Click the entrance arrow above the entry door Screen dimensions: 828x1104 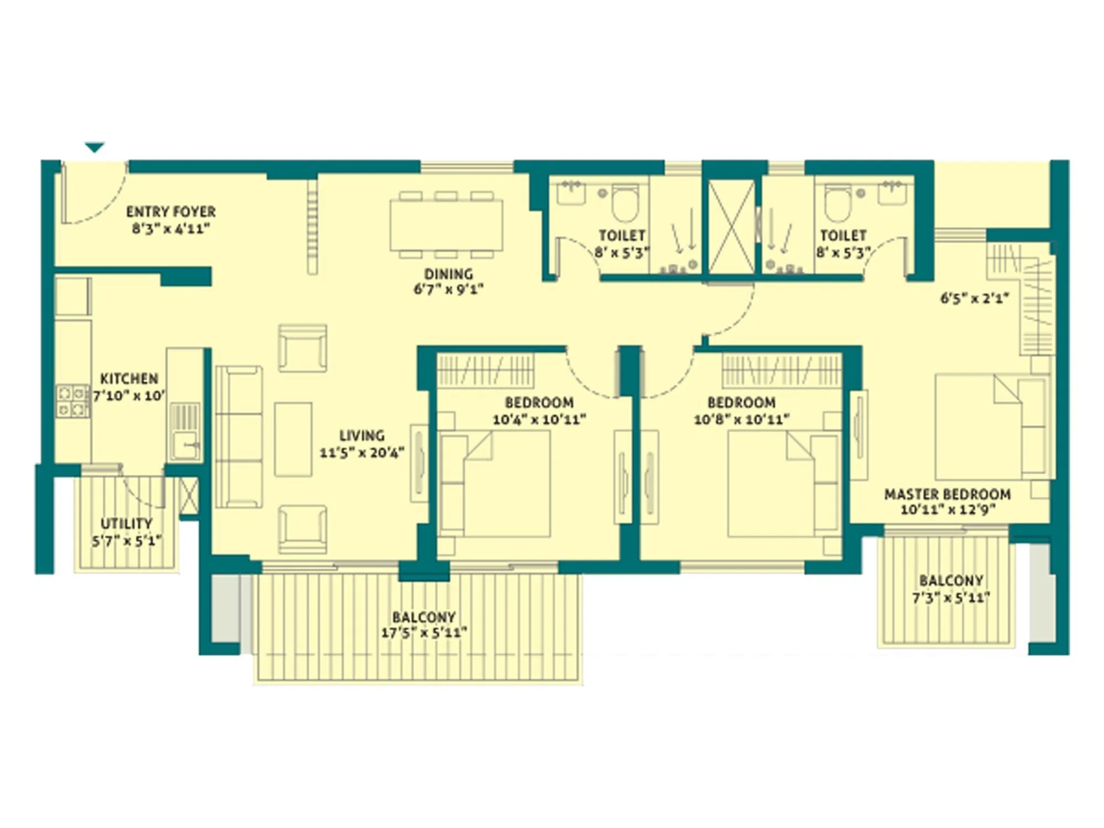point(94,147)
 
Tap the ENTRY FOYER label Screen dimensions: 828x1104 point(171,212)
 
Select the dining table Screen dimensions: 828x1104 point(446,225)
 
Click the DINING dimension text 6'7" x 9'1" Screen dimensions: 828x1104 point(448,289)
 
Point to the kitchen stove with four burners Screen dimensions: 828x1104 point(72,401)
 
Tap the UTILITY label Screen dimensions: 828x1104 point(126,523)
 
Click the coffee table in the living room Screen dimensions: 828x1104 point(293,439)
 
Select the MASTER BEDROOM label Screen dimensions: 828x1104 point(947,494)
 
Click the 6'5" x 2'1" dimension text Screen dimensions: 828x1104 point(974,299)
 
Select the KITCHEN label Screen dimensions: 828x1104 point(129,379)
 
